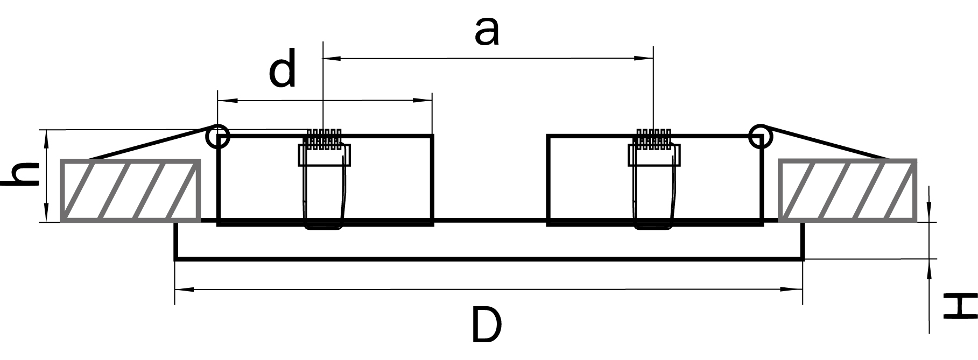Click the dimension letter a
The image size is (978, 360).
tap(487, 32)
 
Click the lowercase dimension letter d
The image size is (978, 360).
tap(283, 68)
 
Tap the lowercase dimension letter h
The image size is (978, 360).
tap(21, 175)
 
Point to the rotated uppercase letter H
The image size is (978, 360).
tap(960, 306)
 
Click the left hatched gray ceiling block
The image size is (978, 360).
tap(130, 190)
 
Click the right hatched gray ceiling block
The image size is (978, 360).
tap(847, 190)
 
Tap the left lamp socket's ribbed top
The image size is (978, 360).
tap(323, 138)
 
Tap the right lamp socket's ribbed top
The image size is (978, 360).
tap(653, 138)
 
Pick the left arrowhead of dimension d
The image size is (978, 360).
tap(228, 100)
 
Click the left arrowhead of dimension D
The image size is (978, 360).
tap(185, 290)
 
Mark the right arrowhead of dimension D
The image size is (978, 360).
tap(792, 290)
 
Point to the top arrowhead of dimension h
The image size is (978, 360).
tap(47, 140)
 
